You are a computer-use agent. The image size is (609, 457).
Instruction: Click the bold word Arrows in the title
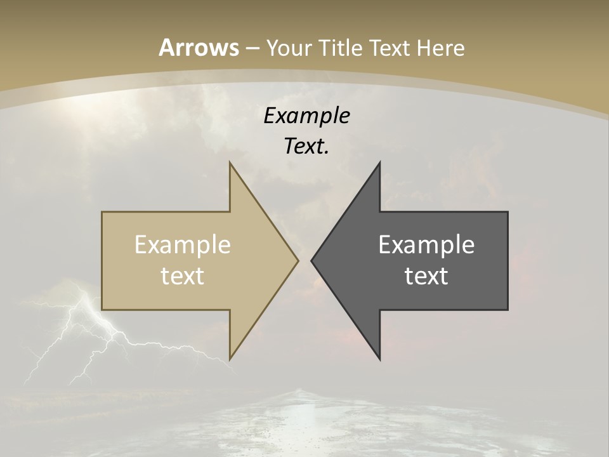199,48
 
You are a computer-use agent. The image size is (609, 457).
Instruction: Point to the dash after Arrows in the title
252,48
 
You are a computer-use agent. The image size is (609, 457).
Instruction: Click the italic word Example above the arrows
306,116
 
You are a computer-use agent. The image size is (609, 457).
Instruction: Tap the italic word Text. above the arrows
306,146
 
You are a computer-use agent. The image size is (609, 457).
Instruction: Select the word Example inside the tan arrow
183,245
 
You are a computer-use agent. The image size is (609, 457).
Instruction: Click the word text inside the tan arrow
183,275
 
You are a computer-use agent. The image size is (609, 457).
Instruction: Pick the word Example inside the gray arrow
426,245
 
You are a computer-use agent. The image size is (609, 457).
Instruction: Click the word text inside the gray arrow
426,275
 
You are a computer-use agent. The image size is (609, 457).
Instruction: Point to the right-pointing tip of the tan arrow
297,260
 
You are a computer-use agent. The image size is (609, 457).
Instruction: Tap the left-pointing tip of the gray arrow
313,260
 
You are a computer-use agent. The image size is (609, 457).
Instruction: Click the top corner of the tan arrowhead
230,164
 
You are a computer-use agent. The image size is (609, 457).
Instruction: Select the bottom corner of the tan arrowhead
230,358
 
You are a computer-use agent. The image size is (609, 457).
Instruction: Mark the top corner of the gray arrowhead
379,164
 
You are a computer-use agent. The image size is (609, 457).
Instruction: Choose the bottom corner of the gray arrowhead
379,358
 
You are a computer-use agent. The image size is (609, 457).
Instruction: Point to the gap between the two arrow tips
304,260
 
